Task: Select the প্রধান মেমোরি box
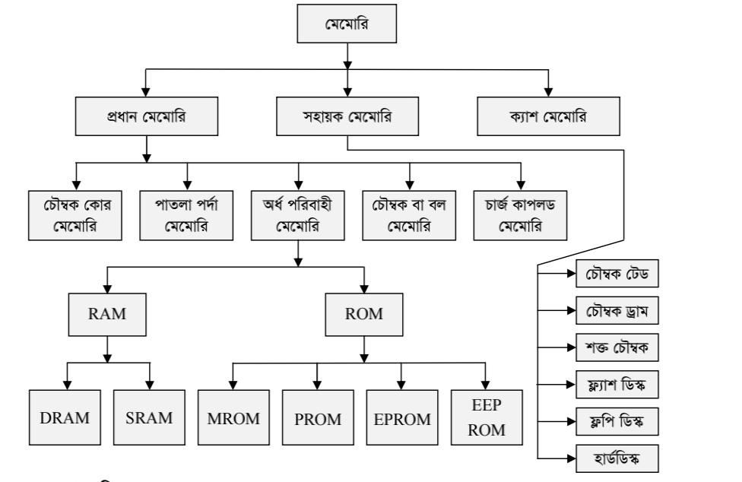[x=146, y=118]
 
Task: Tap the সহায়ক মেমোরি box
[x=347, y=118]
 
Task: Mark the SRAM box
[x=149, y=417]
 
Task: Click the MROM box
[x=233, y=417]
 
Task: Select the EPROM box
[x=402, y=417]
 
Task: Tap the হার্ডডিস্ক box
[x=614, y=458]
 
